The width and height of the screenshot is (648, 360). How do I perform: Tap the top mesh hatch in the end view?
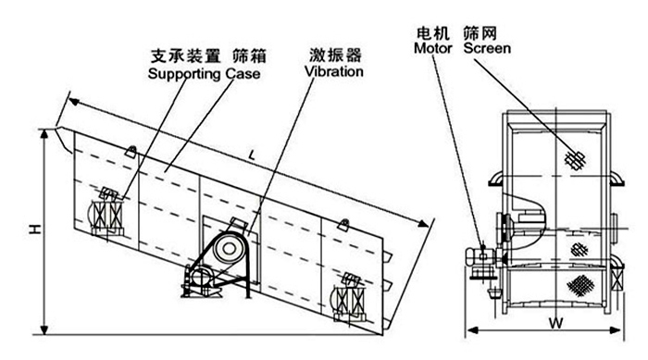click(x=574, y=159)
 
